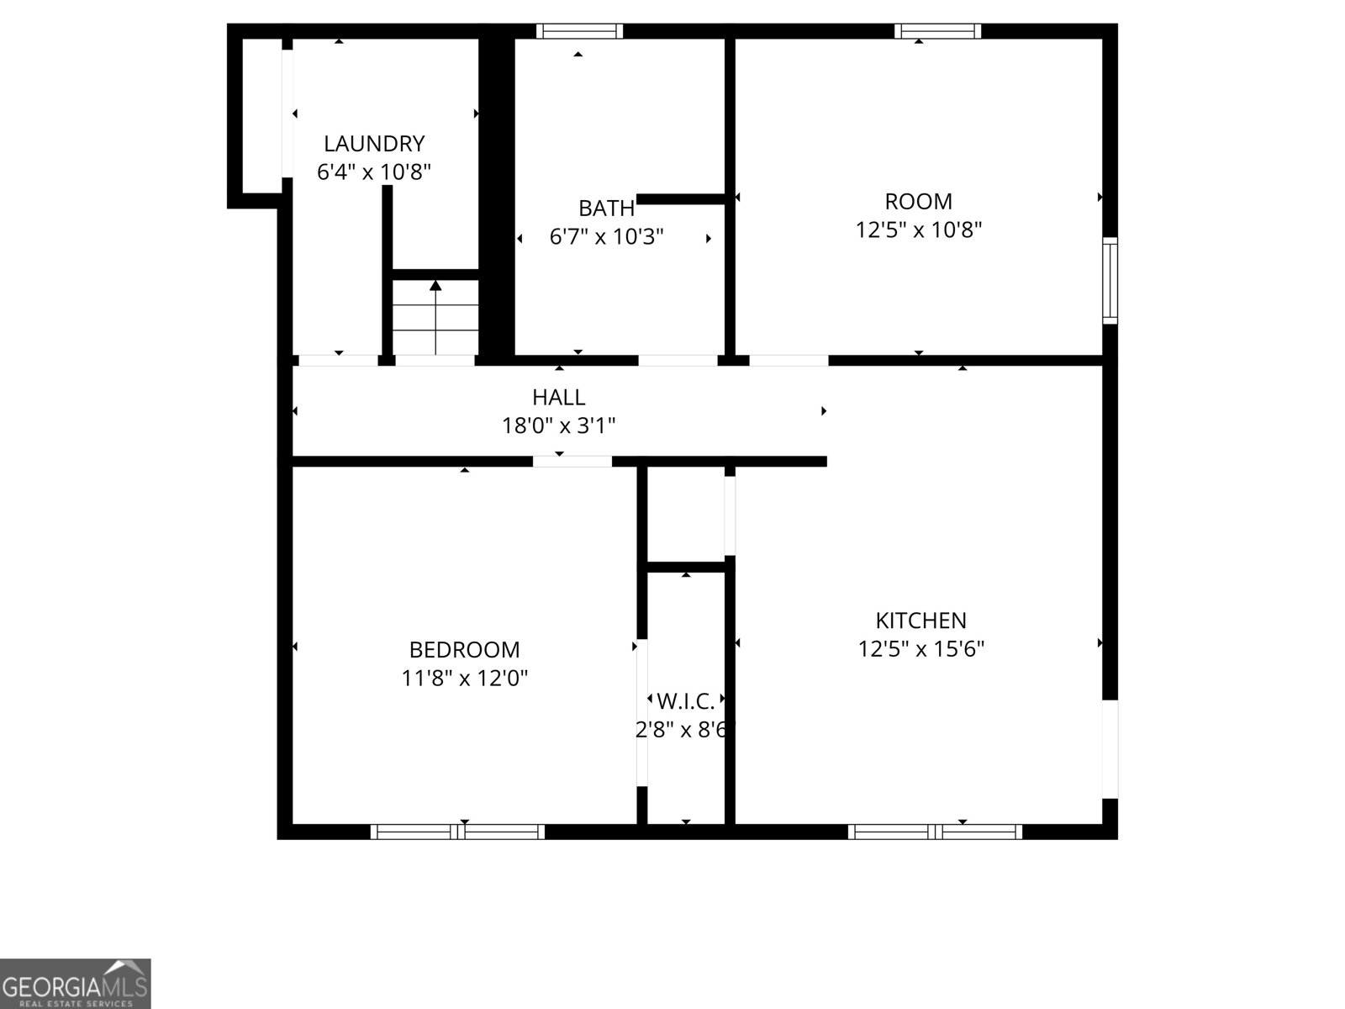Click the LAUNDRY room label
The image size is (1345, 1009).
coord(374,144)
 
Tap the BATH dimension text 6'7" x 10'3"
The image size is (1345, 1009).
coord(607,236)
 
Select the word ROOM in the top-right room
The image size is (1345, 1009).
coord(919,202)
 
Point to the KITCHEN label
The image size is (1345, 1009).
coord(921,621)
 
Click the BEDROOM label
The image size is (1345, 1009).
coord(465,649)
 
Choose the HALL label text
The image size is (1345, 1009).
coord(559,398)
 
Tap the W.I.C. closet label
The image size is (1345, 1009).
coord(686,701)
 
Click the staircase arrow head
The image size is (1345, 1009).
coord(435,285)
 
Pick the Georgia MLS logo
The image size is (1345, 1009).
coord(76,984)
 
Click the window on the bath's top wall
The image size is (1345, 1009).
coord(580,31)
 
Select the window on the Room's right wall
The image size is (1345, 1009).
coord(1110,281)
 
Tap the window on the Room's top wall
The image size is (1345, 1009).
coord(937,31)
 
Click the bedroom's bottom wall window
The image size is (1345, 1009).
coord(458,832)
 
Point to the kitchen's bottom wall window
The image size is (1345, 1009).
coord(935,832)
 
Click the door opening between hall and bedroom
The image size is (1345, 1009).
coord(572,462)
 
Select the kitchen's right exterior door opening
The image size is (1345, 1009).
coord(1110,749)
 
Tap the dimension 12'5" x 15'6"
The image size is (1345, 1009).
coord(921,649)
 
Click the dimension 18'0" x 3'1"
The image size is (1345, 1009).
coord(559,425)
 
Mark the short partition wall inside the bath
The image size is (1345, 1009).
coord(681,199)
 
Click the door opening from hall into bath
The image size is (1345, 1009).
coord(678,360)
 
